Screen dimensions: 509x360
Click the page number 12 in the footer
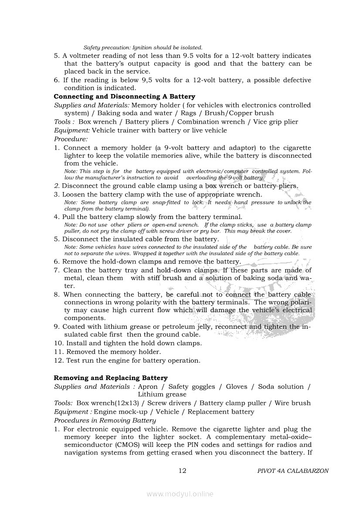(x=183, y=471)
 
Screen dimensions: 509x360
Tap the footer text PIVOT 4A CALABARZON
(x=293, y=471)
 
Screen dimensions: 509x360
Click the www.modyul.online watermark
(x=180, y=494)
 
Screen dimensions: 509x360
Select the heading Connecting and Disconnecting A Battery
(x=124, y=97)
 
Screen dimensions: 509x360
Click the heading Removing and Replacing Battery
(x=111, y=378)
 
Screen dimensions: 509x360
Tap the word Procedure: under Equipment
(x=71, y=139)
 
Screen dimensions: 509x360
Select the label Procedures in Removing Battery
(x=105, y=421)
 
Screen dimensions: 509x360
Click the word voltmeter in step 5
(x=84, y=56)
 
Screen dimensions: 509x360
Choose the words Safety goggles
(x=192, y=387)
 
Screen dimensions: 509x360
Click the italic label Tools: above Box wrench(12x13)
(x=63, y=403)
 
